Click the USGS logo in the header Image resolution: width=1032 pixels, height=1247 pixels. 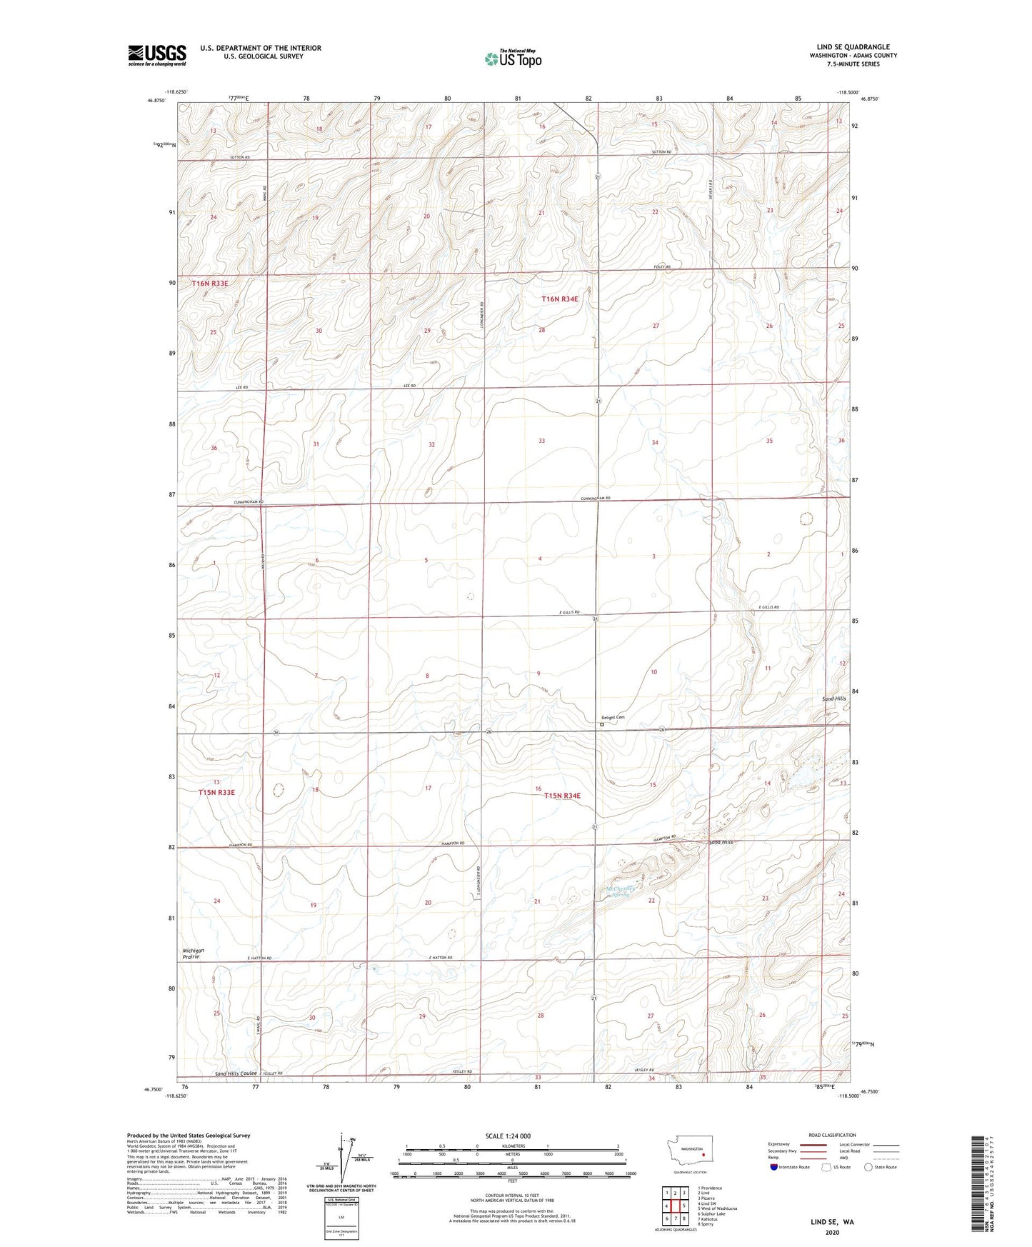coord(157,55)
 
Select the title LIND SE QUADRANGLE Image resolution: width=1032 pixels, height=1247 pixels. coord(853,47)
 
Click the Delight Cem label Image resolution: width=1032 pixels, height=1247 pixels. coord(613,717)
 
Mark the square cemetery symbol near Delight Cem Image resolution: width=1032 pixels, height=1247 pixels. coord(601,724)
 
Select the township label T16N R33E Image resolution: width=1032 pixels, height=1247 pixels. coord(210,284)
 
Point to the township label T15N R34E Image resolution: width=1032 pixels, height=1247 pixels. coord(562,796)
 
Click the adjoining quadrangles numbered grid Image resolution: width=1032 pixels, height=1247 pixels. coord(675,1207)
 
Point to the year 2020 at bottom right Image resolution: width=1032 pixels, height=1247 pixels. coord(832,1232)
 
